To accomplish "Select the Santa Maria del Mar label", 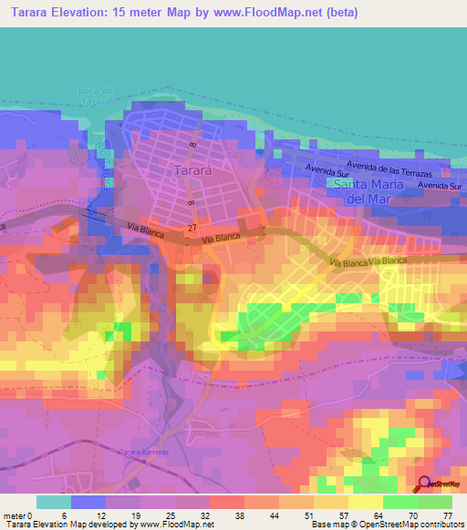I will tap(367, 191).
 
